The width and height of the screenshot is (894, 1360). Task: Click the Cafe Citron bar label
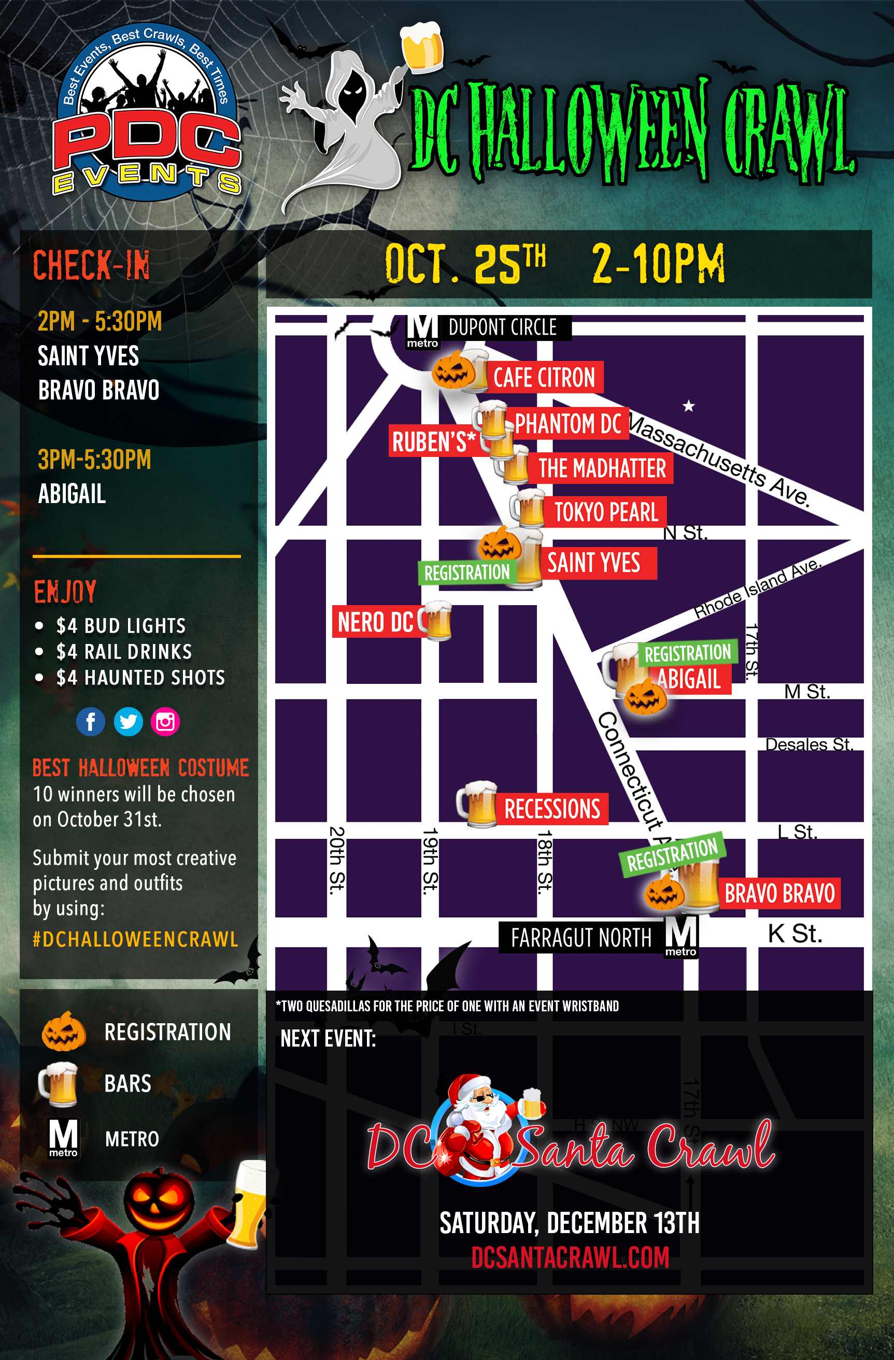point(545,378)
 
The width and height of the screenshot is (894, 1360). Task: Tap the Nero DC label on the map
point(375,622)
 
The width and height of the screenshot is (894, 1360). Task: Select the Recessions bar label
point(551,809)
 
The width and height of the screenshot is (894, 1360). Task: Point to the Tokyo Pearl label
point(606,512)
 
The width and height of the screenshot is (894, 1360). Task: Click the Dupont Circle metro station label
point(502,327)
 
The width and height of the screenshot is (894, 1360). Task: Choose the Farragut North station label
point(581,938)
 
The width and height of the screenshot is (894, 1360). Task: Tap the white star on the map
point(689,406)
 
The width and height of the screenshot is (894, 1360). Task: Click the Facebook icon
point(90,722)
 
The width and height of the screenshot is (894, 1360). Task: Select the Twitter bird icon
point(128,722)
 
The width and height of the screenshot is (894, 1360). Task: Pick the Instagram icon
point(165,722)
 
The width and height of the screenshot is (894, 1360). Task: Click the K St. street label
point(794,934)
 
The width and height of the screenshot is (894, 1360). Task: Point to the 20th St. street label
point(337,858)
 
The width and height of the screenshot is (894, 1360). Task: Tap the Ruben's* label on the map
point(433,441)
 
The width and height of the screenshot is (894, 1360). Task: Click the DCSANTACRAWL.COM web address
point(570,1257)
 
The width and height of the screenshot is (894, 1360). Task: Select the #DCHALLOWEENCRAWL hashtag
point(135,939)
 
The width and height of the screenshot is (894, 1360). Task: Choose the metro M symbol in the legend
point(63,1138)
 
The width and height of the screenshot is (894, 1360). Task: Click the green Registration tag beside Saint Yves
point(466,572)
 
